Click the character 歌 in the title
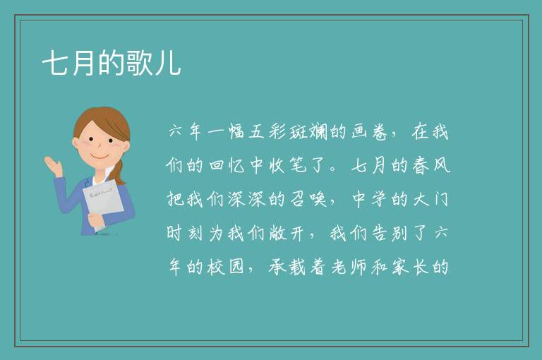[139, 63]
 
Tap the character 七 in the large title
[56, 63]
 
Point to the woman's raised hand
[53, 166]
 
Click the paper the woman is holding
[103, 201]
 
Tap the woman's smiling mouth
[100, 156]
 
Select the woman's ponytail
[119, 172]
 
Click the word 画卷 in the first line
[371, 131]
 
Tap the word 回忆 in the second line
[227, 165]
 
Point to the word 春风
[431, 165]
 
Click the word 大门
[431, 199]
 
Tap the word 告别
[390, 233]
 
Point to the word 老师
[349, 267]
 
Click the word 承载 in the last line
[288, 267]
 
